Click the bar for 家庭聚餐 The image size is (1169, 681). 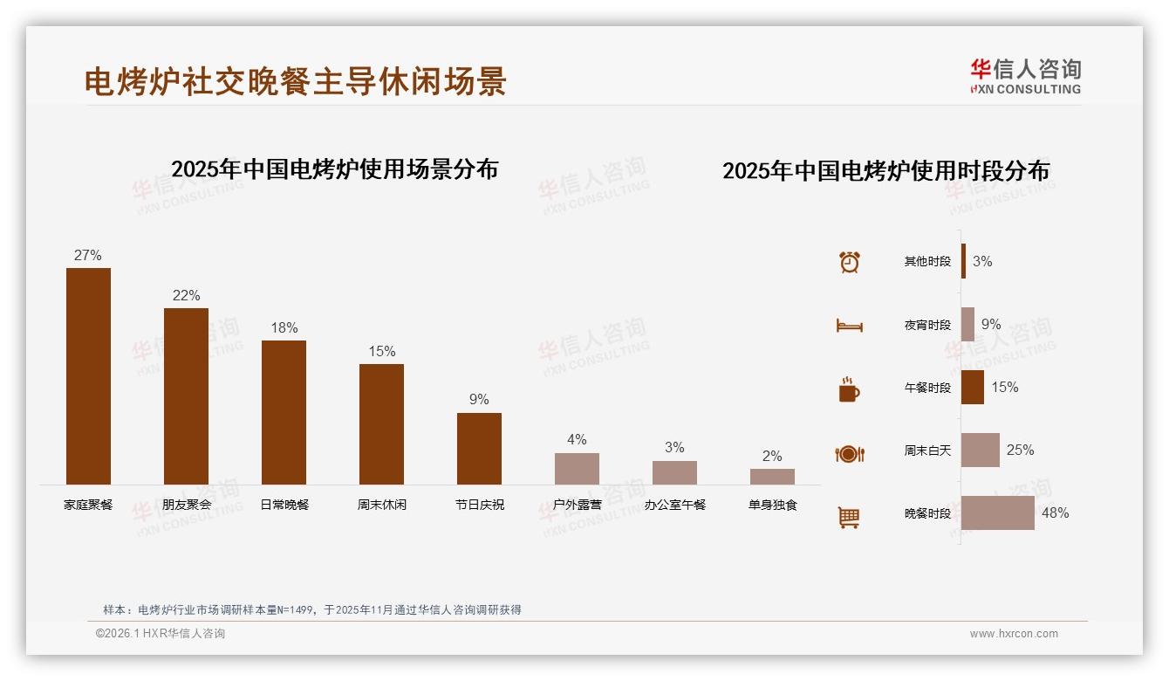point(88,375)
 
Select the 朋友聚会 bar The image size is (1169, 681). point(186,396)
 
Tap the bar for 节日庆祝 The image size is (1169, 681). point(479,448)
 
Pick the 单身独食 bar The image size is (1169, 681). point(772,477)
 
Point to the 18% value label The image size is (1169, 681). point(284,328)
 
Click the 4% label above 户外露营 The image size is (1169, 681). point(577,440)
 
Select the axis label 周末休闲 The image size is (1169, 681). point(381,505)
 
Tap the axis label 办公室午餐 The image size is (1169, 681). point(674,505)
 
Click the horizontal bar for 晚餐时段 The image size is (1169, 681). point(998,512)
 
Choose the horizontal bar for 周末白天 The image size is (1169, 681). point(981,450)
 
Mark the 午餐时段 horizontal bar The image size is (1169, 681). point(973,387)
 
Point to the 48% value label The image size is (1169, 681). point(1055,513)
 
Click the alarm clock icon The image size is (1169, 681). point(849,262)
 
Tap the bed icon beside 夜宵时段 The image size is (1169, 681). point(849,326)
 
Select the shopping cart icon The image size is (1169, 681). point(849,517)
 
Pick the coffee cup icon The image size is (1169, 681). point(849,389)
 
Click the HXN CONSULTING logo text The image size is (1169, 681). point(1025,89)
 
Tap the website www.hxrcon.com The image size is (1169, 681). point(1014,634)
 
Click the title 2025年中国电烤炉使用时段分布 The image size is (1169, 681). point(885,171)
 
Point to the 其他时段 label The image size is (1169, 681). point(927,262)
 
